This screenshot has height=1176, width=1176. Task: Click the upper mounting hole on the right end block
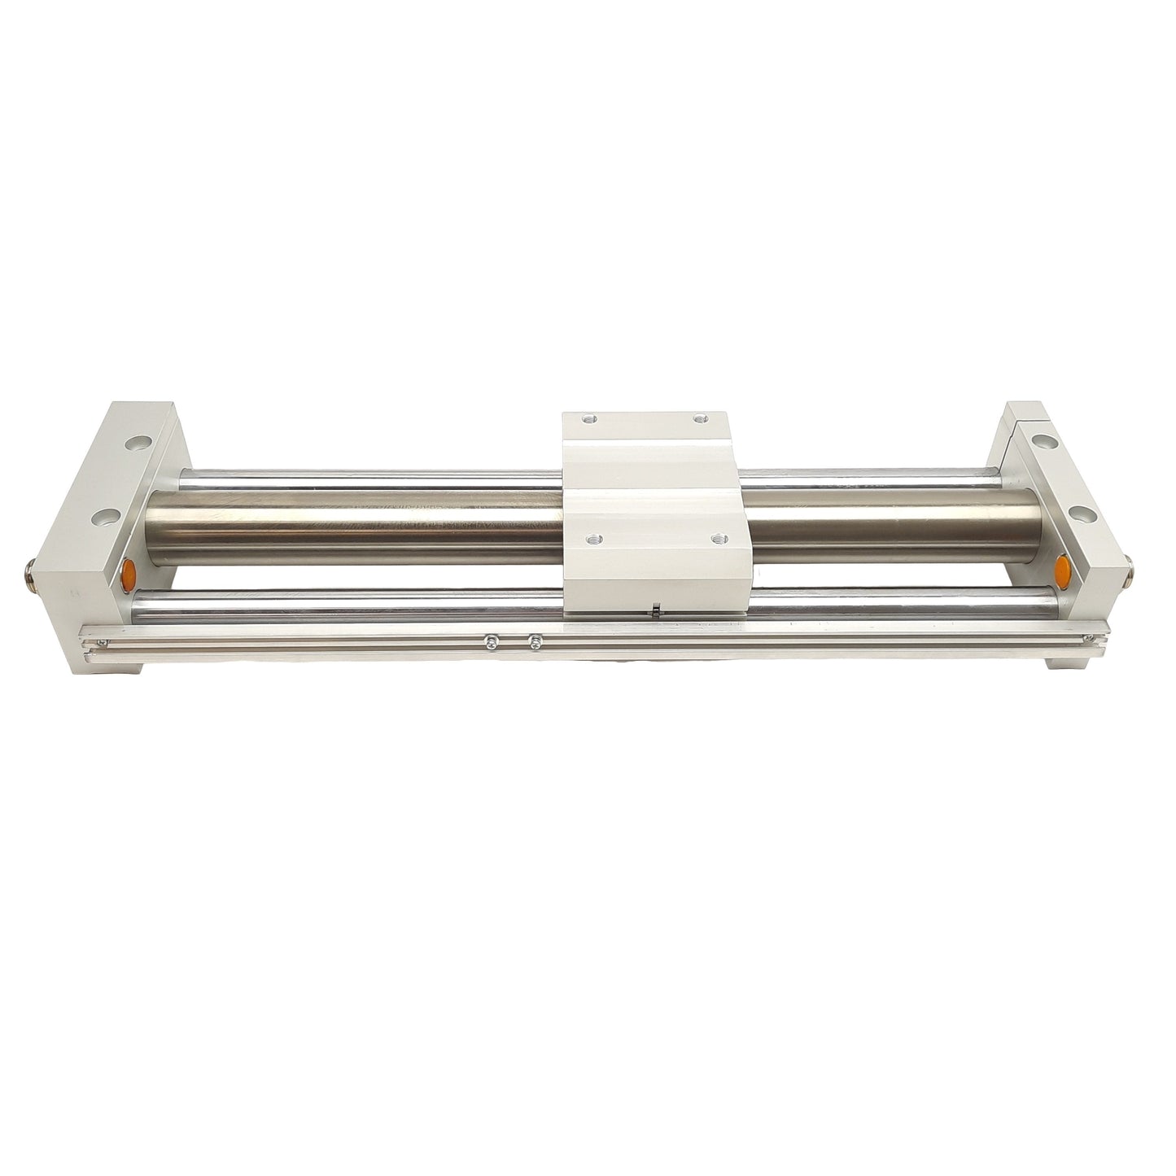tap(1041, 441)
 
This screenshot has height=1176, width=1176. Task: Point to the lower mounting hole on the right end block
tap(1082, 514)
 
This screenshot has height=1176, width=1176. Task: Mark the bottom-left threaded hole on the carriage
tap(590, 538)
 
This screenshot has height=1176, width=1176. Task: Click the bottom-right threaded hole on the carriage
tap(716, 538)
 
